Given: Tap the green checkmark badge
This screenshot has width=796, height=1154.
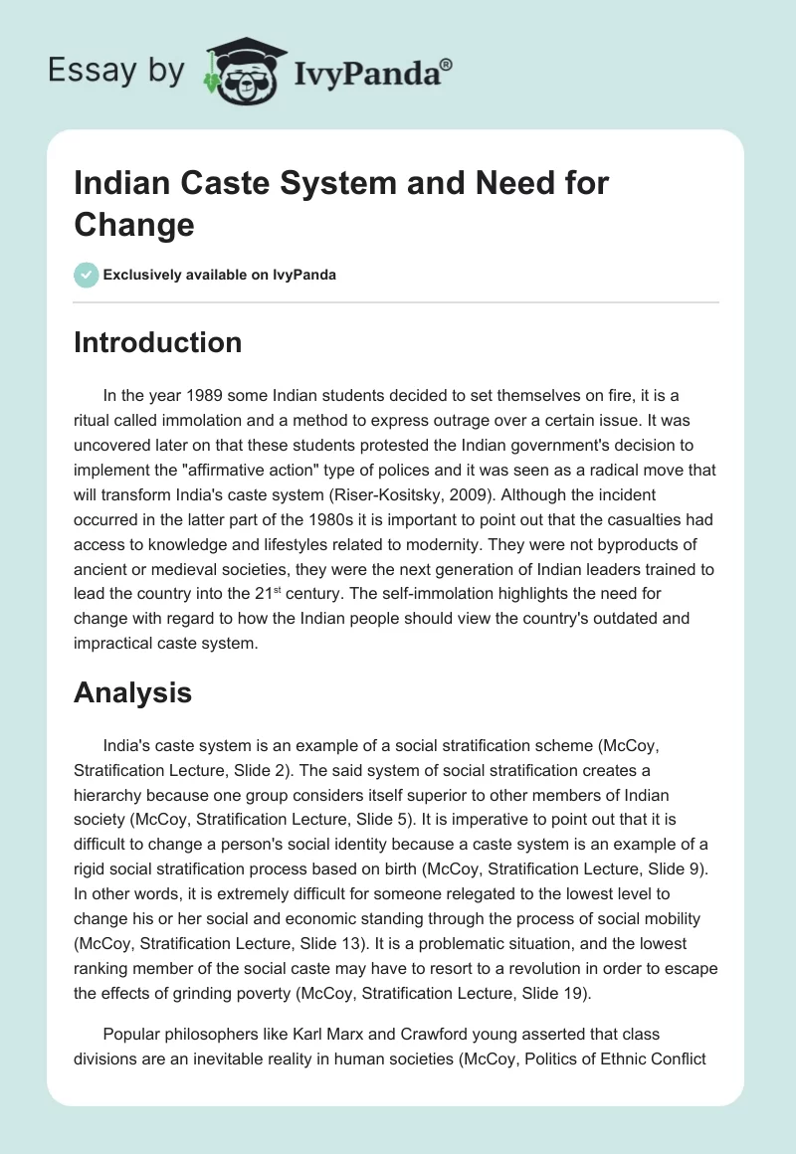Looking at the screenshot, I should (x=87, y=276).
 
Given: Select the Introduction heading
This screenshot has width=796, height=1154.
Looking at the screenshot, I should (x=157, y=342).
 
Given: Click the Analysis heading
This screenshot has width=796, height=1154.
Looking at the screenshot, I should (x=132, y=692).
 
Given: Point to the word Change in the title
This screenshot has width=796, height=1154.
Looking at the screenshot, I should (x=133, y=224).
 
